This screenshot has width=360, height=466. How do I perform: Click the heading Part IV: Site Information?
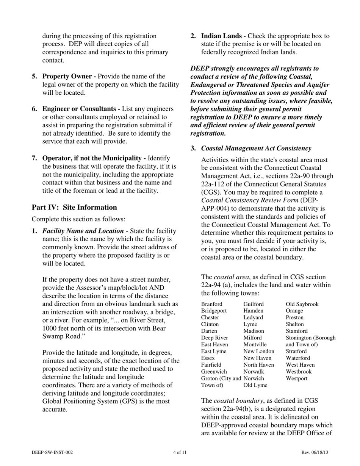[x=74, y=207]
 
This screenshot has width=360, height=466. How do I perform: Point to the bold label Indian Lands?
[x=221, y=36]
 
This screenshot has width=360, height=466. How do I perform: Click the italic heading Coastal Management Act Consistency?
[x=256, y=148]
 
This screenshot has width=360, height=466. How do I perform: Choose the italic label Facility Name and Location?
[x=83, y=231]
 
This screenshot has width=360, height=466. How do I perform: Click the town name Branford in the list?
[x=212, y=304]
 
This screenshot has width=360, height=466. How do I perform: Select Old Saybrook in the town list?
[x=302, y=304]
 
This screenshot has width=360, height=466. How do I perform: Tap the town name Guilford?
[x=254, y=304]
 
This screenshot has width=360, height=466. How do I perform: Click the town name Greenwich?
[x=214, y=372]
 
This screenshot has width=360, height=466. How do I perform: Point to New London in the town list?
[x=259, y=351]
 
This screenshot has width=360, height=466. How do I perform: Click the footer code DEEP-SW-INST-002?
[x=52, y=452]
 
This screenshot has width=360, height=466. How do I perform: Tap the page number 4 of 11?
[x=180, y=452]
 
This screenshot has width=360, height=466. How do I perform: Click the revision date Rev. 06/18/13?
[x=315, y=452]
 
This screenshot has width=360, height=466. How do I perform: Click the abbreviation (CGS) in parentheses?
[x=211, y=192]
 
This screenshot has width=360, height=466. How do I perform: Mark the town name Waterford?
[x=299, y=358]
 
